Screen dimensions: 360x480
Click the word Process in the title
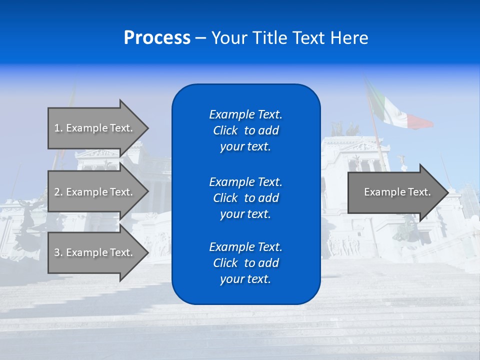pyautogui.click(x=157, y=37)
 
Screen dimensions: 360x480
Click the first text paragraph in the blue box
pyautogui.click(x=245, y=130)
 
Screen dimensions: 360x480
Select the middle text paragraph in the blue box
pyautogui.click(x=245, y=197)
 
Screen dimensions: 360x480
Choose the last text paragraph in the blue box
pyautogui.click(x=245, y=263)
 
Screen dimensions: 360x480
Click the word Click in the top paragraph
pyautogui.click(x=225, y=130)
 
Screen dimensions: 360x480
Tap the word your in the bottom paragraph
pyautogui.click(x=231, y=279)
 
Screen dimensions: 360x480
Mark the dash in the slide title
pyautogui.click(x=200, y=38)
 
